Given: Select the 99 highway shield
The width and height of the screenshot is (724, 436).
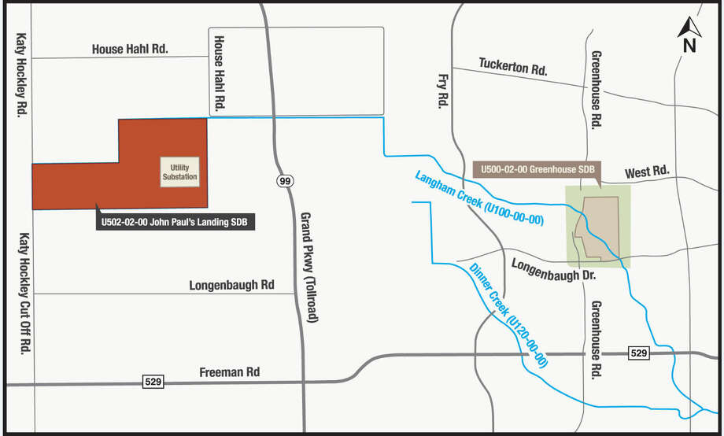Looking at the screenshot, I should (x=283, y=182).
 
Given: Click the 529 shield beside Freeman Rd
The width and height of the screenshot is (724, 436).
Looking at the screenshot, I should (x=152, y=382).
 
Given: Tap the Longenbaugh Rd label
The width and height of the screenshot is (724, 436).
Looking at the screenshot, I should (x=231, y=285).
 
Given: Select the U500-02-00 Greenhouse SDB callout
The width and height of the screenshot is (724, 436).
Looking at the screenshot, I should (x=538, y=169).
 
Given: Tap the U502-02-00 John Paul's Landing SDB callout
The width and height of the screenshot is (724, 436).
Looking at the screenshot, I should (x=174, y=223).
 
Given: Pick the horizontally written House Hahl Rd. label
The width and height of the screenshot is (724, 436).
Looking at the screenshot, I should (x=130, y=49).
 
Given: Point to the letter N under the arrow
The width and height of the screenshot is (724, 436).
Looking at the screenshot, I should (x=689, y=46).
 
